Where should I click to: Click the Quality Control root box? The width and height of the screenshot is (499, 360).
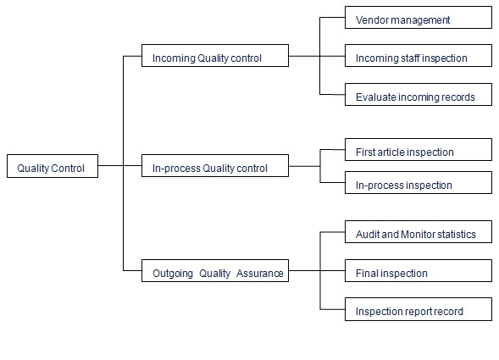(x=53, y=166)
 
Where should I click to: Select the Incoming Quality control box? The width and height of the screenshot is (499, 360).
(x=215, y=55)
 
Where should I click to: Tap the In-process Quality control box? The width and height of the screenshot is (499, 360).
(x=215, y=165)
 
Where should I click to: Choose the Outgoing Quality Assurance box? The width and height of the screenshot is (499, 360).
(x=215, y=270)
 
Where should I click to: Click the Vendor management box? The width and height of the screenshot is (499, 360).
(x=419, y=17)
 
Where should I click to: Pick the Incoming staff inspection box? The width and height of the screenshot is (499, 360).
(x=419, y=55)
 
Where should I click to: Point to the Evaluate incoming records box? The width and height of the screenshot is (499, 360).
(x=419, y=94)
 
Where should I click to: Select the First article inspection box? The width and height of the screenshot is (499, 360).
(x=419, y=149)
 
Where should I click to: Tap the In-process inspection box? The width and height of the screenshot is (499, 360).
(x=419, y=182)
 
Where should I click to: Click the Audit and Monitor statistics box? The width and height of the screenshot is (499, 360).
(x=419, y=232)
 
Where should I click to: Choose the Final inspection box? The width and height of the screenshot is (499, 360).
(x=419, y=270)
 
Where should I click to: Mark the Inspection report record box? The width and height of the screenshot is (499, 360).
(x=419, y=309)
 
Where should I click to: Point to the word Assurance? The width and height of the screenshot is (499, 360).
(x=260, y=274)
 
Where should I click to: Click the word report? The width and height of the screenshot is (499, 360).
(x=412, y=312)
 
